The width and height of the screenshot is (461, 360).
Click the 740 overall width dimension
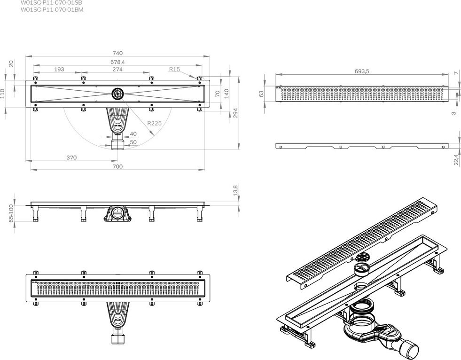[117, 54]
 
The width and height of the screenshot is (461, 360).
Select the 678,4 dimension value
[117, 62]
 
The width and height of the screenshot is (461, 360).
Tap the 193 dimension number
[59, 69]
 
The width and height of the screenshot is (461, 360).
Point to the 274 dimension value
[117, 69]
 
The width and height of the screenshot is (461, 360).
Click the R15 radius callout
[174, 69]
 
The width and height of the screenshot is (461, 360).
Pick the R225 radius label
[154, 123]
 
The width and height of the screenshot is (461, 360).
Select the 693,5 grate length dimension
[361, 71]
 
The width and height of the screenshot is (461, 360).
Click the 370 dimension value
[71, 158]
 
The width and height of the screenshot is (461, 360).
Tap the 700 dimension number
[117, 166]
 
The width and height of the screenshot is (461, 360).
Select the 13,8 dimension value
[235, 190]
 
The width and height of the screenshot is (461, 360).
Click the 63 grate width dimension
[262, 94]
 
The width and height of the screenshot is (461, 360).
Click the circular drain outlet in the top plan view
[117, 94]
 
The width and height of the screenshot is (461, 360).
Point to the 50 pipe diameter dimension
[133, 142]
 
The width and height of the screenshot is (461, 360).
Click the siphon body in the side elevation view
[117, 214]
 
